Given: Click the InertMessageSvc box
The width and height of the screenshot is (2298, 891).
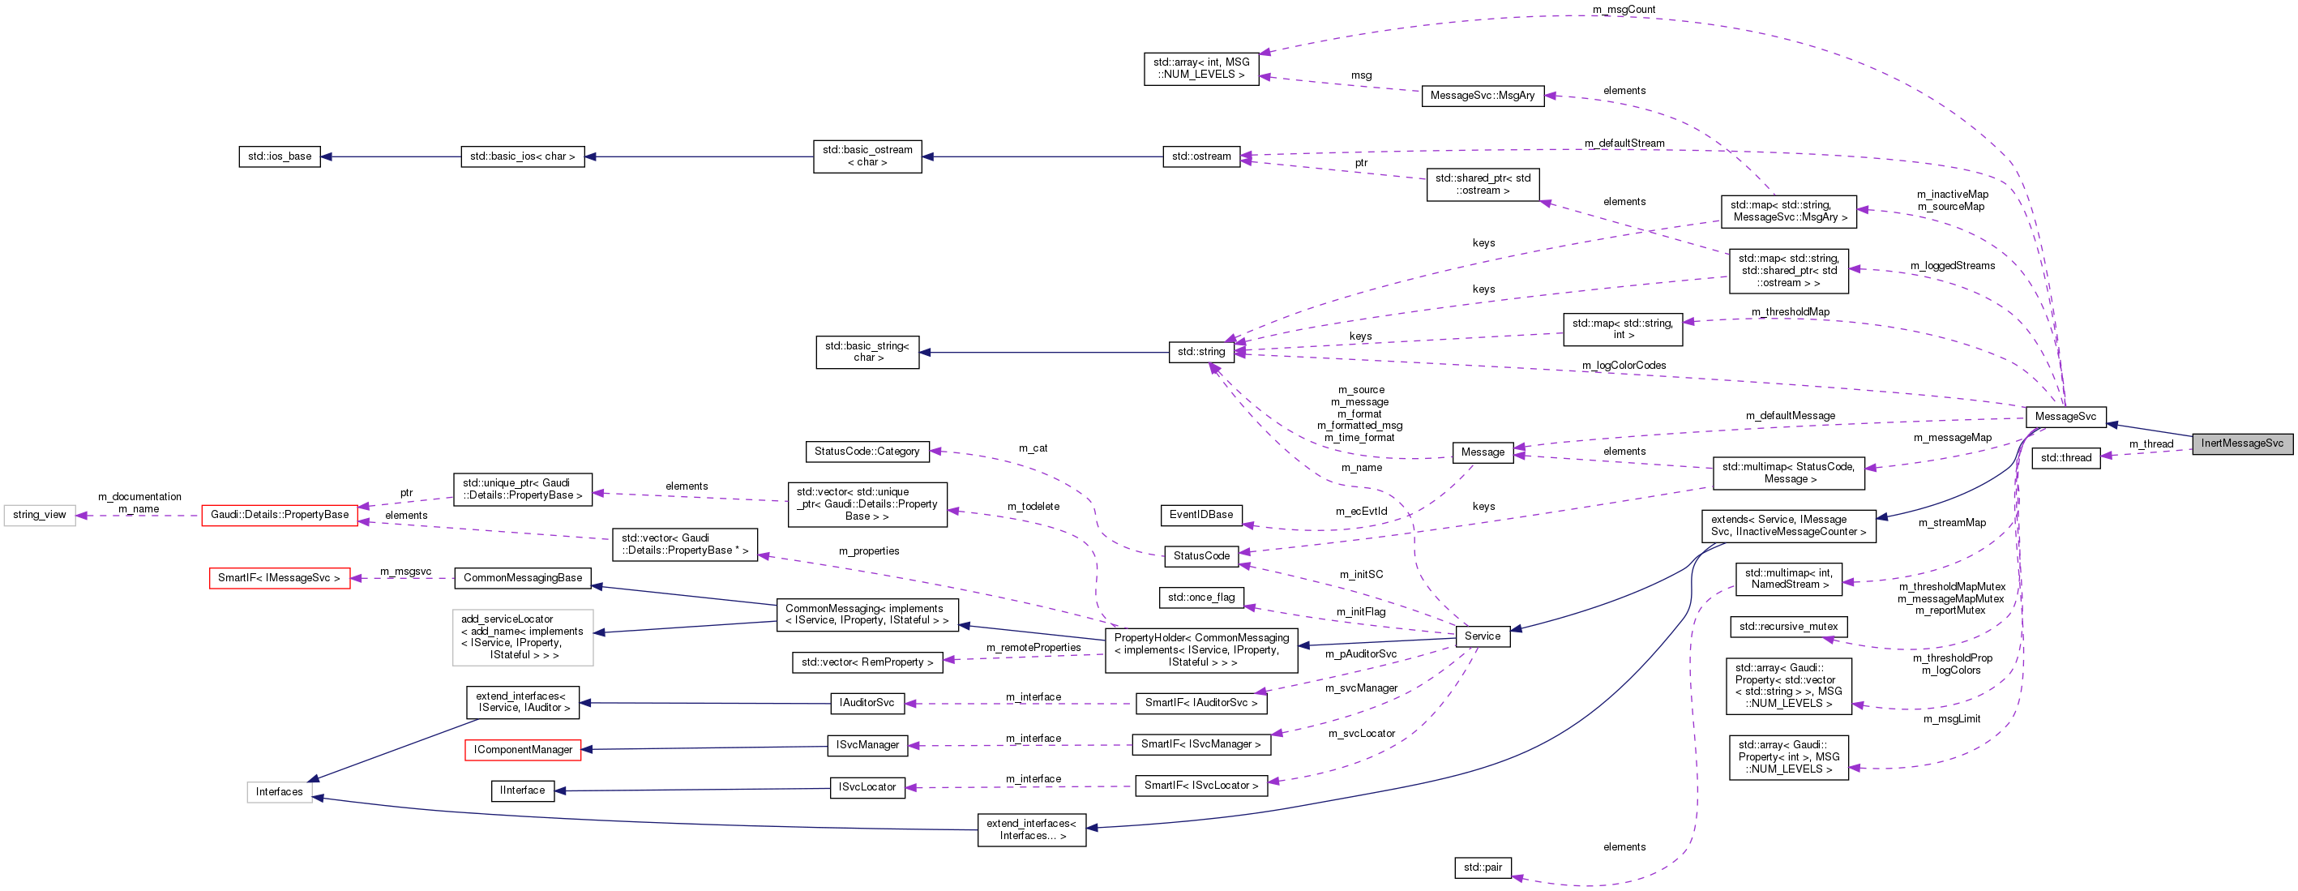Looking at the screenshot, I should point(2241,443).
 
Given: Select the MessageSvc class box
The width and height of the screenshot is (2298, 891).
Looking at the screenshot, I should point(2065,417).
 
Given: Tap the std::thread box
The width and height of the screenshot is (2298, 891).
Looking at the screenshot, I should point(2065,457).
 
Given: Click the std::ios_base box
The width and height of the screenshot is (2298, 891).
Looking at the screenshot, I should point(279,156).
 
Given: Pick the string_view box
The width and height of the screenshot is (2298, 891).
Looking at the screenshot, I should point(39,515).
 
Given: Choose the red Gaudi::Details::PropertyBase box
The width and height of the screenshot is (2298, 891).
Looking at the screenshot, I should point(279,515).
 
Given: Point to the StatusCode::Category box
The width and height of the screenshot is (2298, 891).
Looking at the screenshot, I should point(867,452).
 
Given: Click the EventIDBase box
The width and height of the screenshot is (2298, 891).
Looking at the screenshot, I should point(1200,515).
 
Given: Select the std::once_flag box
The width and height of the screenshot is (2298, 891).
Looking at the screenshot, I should point(1200,597).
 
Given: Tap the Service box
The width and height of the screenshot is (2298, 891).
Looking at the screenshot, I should point(1482,636).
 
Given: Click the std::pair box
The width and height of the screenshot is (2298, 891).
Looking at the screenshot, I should point(1482,867).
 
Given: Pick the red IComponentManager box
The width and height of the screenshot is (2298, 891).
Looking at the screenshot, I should point(523,749).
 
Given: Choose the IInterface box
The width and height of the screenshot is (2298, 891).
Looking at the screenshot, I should point(522,790).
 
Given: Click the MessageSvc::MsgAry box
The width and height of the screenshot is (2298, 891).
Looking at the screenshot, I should point(1482,96).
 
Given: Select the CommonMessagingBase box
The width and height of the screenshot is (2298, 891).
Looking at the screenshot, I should point(523,578).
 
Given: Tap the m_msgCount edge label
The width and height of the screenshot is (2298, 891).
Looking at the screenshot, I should point(1624,10).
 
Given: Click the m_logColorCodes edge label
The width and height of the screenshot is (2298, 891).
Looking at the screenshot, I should point(1624,366).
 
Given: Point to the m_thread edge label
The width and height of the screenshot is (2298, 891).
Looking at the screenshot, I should point(2150,444).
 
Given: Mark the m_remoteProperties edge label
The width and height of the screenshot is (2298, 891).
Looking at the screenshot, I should point(1033,648).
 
